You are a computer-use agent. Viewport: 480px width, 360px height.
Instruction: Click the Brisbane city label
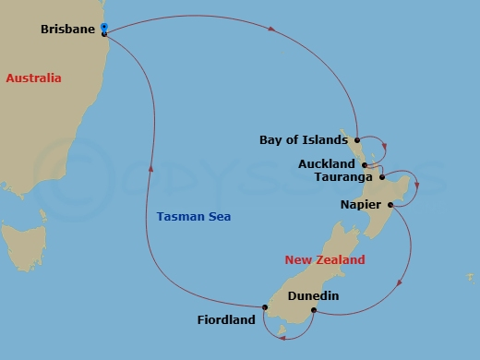68,30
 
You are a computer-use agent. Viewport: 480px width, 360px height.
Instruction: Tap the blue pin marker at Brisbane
104,28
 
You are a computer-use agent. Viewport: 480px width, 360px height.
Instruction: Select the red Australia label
33,78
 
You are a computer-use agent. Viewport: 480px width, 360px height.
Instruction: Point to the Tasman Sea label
194,217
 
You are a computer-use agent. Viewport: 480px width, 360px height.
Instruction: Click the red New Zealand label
325,260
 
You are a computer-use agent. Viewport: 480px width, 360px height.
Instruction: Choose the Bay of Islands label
304,140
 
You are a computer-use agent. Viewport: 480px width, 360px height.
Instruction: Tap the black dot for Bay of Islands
357,141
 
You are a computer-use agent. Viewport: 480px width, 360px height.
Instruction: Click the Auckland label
327,164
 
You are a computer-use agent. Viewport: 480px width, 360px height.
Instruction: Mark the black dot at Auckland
365,164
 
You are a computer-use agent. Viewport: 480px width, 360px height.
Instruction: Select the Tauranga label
343,176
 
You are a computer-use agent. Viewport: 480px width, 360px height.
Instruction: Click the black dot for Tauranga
381,176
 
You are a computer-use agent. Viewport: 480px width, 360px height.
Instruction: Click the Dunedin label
314,296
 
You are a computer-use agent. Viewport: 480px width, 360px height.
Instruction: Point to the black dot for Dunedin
314,310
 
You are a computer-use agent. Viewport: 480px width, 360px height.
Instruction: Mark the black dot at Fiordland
264,307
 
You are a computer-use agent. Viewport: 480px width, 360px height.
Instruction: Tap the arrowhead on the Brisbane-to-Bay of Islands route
272,30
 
